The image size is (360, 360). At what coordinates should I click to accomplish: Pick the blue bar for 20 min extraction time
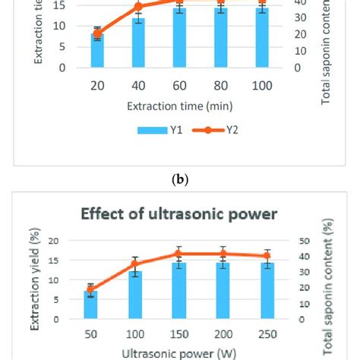pyautogui.click(x=96, y=50)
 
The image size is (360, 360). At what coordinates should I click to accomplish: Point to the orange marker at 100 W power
pyautogui.click(x=134, y=264)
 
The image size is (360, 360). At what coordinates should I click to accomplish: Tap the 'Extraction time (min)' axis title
pyautogui.click(x=179, y=104)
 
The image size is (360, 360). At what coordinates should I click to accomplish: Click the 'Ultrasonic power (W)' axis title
pyautogui.click(x=179, y=352)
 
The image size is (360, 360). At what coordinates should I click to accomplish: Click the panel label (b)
pyautogui.click(x=179, y=180)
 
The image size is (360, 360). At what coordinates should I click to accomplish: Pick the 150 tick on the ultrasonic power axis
pyautogui.click(x=178, y=334)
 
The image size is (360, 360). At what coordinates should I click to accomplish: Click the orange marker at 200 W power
pyautogui.click(x=223, y=254)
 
